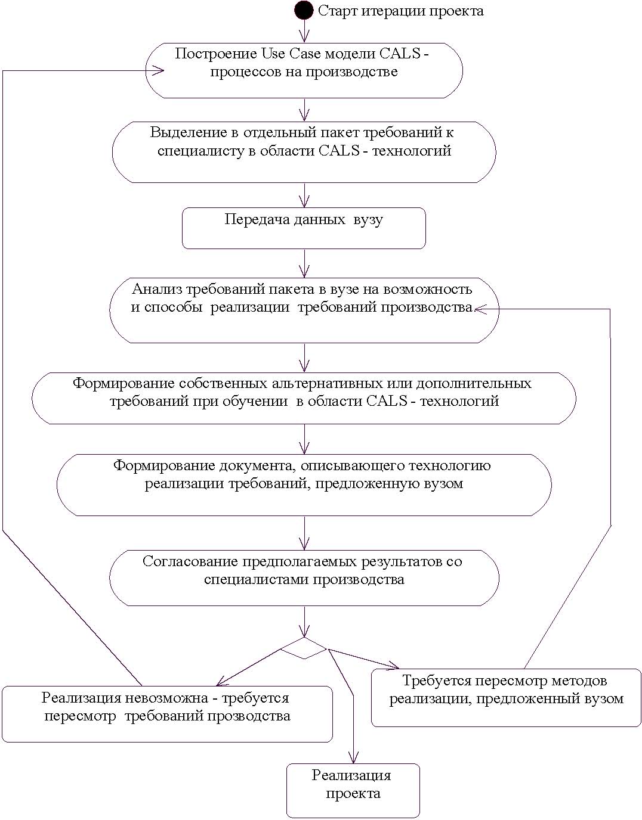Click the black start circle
pos(304,11)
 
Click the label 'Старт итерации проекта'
pos(401,11)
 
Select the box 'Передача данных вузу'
pos(304,228)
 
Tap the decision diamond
pos(304,648)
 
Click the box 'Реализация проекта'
pos(353,791)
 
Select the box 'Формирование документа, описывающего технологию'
pos(304,485)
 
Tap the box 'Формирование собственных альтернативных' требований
pos(304,399)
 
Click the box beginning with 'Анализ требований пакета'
pos(304,310)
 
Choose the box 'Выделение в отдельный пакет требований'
pos(304,152)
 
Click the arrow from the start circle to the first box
pos(304,31)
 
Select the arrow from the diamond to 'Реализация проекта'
pos(342,706)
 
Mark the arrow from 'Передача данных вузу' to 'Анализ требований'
pos(304,263)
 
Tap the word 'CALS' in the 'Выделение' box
pos(339,151)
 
